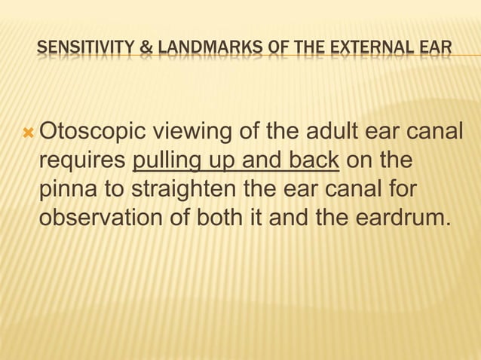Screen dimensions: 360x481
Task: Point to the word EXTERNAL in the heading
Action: coord(370,50)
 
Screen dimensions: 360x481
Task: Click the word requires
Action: coord(82,163)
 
